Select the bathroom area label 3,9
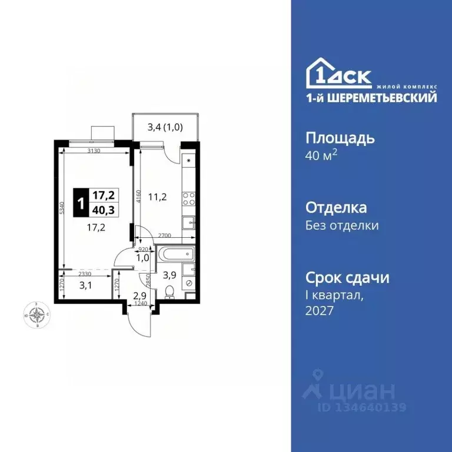[169, 274]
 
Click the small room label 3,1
[85, 286]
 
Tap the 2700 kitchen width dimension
[164, 235]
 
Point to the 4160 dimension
[138, 196]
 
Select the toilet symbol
[169, 291]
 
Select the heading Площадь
[340, 138]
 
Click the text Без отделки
[342, 225]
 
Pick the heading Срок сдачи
[347, 278]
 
